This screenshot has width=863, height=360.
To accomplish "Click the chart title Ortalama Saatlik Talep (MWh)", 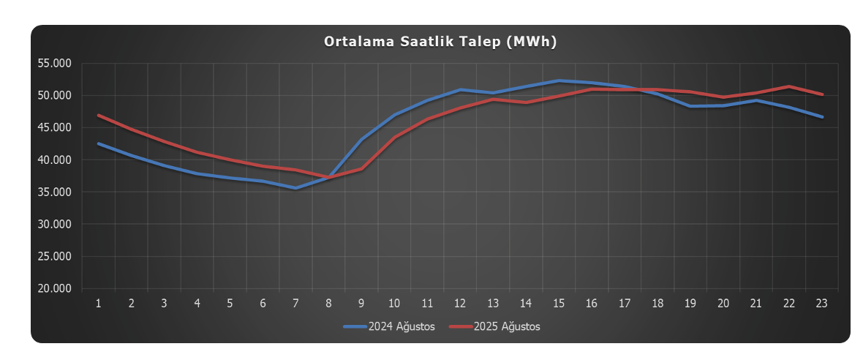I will (x=440, y=42).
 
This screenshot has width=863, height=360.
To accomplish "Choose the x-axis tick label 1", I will (x=99, y=303).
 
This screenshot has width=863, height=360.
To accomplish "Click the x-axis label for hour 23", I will (x=821, y=303).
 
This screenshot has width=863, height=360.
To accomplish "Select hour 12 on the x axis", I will (x=460, y=303).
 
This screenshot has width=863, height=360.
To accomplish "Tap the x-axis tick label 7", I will (x=295, y=303).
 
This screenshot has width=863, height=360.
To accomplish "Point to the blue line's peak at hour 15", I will (x=559, y=80).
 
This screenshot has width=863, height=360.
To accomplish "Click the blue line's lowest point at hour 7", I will (x=295, y=188).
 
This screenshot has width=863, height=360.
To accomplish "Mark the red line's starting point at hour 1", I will (x=99, y=115).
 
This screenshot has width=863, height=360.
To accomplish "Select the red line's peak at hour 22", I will (x=788, y=86).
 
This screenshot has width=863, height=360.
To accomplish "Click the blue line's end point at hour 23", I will (x=821, y=117).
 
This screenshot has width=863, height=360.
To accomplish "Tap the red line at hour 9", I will (x=361, y=169).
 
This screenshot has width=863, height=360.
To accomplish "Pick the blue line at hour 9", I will (x=361, y=139).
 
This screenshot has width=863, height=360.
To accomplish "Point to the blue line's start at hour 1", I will (x=99, y=143).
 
